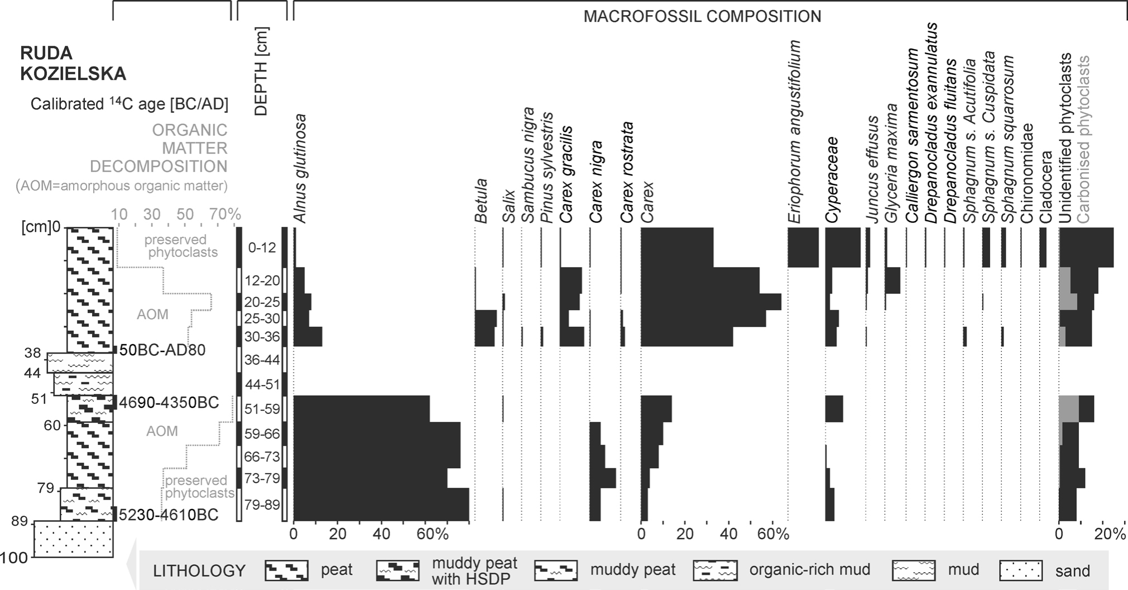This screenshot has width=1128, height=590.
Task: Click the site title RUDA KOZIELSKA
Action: [73, 63]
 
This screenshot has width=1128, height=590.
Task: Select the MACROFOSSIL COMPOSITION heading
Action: [702, 17]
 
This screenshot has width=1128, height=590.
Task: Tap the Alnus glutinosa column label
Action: [300, 169]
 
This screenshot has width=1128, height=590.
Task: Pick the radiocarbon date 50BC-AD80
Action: [162, 350]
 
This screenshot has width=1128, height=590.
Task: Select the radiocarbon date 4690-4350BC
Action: [169, 403]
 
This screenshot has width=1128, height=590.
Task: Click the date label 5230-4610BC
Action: [169, 515]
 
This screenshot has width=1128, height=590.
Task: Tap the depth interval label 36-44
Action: [262, 360]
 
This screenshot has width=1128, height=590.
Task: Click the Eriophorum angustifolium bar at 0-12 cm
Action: [803, 248]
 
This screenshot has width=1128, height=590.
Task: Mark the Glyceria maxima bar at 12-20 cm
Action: [892, 280]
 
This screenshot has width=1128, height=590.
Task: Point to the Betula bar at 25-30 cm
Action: [486, 318]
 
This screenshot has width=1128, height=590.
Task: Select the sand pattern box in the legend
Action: [1021, 570]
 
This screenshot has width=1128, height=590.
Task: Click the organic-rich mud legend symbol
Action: [715, 570]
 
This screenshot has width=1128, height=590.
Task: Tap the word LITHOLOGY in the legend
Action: [199, 571]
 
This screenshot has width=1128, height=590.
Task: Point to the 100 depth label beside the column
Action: [15, 558]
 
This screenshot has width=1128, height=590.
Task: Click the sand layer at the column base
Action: [74, 539]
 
